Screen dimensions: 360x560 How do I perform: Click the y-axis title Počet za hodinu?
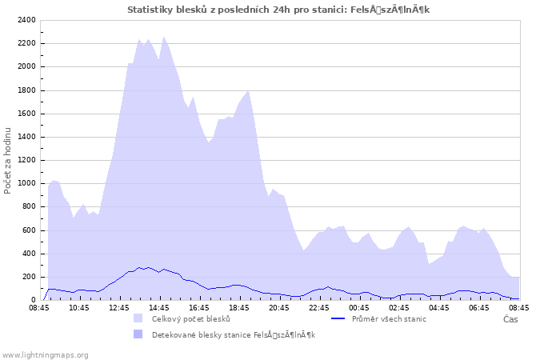click(x=8, y=160)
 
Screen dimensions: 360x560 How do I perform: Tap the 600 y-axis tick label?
click(x=29, y=230)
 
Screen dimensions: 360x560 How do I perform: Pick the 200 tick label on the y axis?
click(x=29, y=277)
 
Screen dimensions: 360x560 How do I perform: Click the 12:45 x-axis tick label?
click(x=119, y=307)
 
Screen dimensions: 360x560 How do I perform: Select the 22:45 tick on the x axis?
click(x=319, y=307)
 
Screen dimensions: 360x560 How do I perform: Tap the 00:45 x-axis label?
click(x=359, y=307)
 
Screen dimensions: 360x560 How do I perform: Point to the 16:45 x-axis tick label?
click(x=199, y=307)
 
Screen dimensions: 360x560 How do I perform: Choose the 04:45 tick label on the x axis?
click(x=439, y=307)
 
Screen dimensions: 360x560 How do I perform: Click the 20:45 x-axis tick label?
click(x=279, y=307)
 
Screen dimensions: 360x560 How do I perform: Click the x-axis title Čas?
click(x=510, y=319)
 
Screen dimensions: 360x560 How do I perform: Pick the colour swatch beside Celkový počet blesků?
click(x=138, y=318)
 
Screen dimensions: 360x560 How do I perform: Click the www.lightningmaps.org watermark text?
click(x=45, y=354)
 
